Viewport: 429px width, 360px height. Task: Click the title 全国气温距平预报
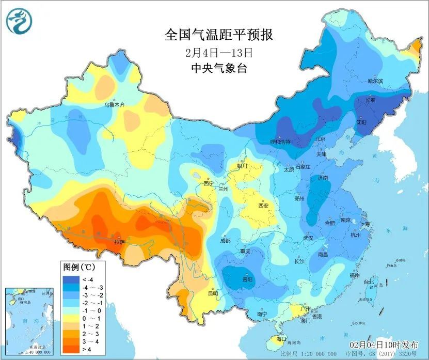point(218,35)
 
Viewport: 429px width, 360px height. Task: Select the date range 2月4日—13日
point(218,52)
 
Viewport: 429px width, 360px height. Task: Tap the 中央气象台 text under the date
point(218,68)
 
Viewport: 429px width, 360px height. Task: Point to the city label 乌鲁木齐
point(115,104)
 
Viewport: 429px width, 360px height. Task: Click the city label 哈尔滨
point(375,81)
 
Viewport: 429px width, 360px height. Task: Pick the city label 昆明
point(212,293)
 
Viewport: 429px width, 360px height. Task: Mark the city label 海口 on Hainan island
point(281,339)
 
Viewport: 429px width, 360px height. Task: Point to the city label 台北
point(369,282)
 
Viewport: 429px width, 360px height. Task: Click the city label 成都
point(225,241)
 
